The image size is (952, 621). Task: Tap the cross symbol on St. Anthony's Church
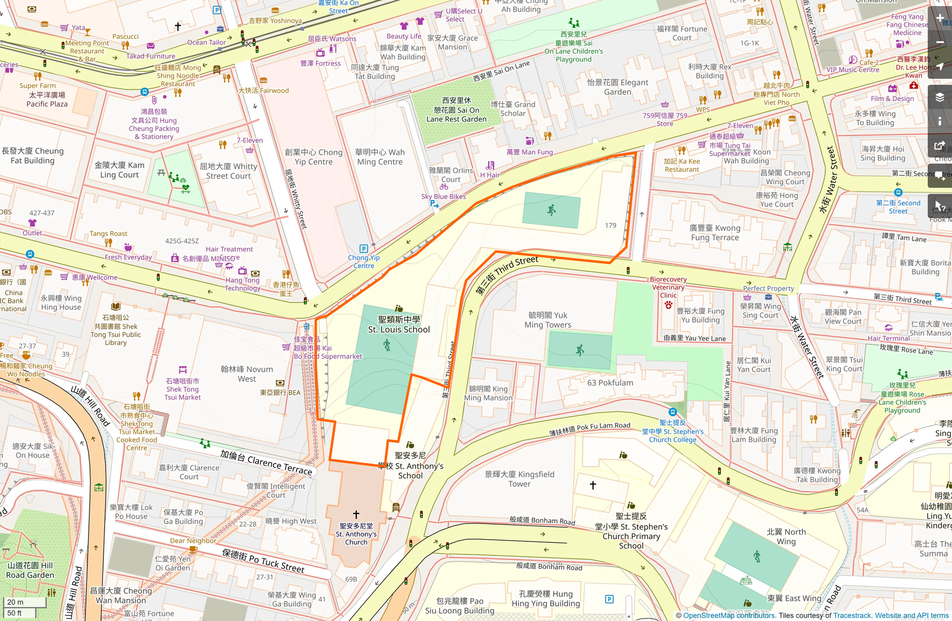tap(356, 514)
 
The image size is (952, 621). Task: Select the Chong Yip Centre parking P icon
tap(363, 248)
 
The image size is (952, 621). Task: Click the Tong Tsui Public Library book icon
tap(116, 306)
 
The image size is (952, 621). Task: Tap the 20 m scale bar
tap(24, 602)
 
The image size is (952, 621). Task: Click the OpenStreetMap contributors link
tap(729, 615)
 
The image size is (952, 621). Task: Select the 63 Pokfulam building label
tap(610, 383)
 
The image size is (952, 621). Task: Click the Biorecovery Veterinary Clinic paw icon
tap(668, 305)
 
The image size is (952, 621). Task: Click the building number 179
tap(610, 225)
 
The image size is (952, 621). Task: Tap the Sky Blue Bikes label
tap(443, 196)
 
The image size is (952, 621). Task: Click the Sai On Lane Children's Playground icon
tap(574, 23)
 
